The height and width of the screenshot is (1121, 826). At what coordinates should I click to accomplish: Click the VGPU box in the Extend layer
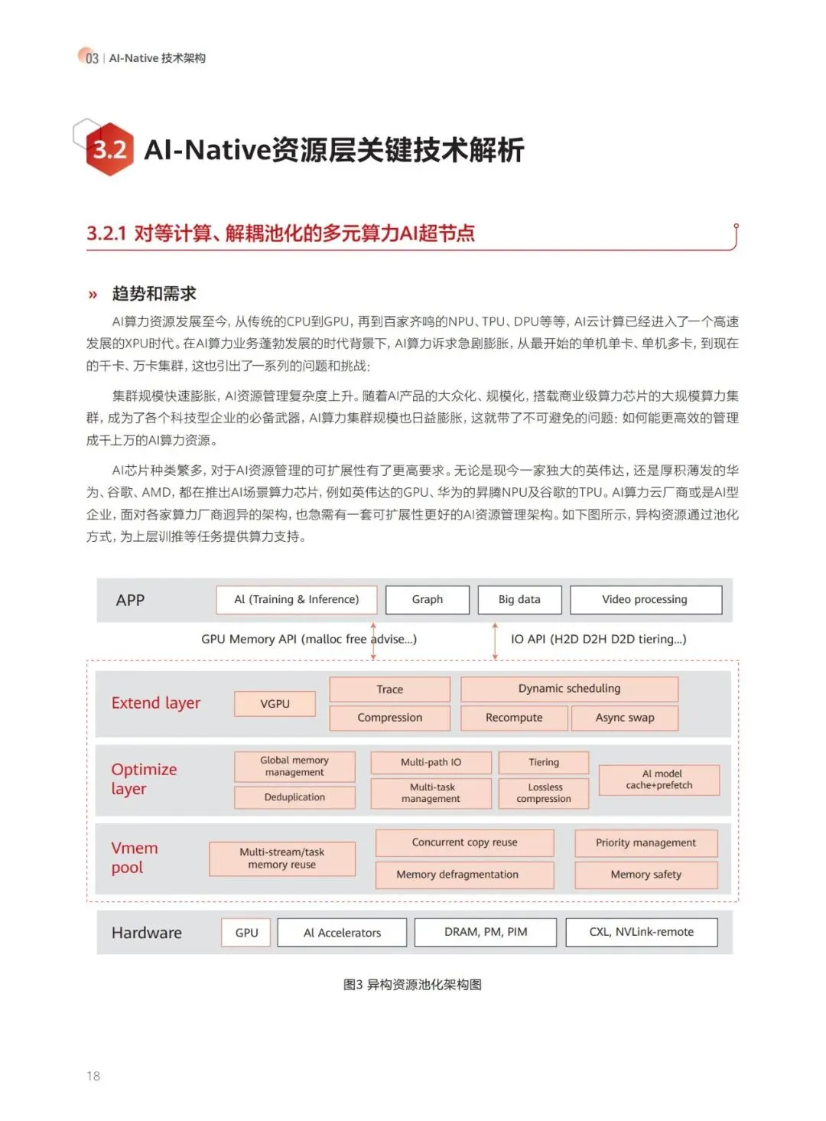pos(275,704)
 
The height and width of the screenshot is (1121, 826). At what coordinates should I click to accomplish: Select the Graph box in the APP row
pos(427,600)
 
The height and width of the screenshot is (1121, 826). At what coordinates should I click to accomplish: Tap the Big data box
pos(519,600)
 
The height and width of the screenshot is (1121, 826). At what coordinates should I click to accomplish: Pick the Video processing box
pos(645,600)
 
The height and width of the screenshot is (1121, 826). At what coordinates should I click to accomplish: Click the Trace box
pos(389,689)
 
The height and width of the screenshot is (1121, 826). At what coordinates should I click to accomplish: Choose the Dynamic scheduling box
pos(569,689)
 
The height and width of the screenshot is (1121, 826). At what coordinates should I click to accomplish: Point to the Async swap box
pos(624,718)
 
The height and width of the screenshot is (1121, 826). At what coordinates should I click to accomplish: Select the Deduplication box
pos(294,797)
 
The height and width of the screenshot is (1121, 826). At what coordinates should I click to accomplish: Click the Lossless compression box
pos(544,793)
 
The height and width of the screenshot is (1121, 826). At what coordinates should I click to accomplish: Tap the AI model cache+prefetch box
pos(659,780)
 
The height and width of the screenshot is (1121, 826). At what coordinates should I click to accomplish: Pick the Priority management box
pos(646,843)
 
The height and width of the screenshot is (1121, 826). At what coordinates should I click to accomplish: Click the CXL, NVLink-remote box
pos(641,932)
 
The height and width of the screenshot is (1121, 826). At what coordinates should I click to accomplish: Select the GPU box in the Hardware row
pos(246,933)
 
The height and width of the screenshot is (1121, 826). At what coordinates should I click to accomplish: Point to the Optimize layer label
pos(144,779)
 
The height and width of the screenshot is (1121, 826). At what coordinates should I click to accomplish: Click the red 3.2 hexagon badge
pos(109,149)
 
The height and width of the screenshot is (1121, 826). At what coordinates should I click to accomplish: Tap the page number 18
pos(93,1076)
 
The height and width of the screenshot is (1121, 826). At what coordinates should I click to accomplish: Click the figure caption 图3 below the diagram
pos(412,985)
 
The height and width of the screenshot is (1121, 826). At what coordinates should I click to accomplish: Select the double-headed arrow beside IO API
pos(495,640)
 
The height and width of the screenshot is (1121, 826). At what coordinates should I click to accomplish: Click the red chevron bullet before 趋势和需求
pos(93,295)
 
